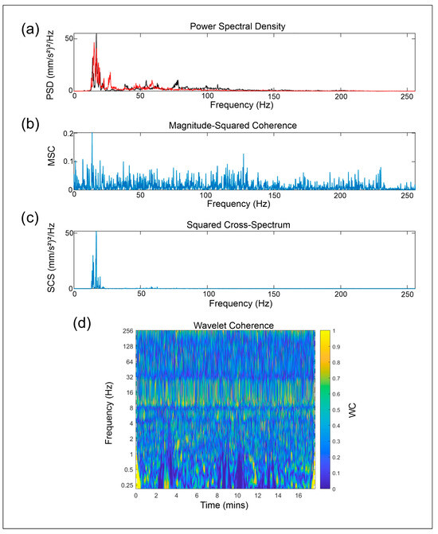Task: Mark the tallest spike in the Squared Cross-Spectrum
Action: [x=96, y=232]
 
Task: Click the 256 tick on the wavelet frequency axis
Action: [x=126, y=330]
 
